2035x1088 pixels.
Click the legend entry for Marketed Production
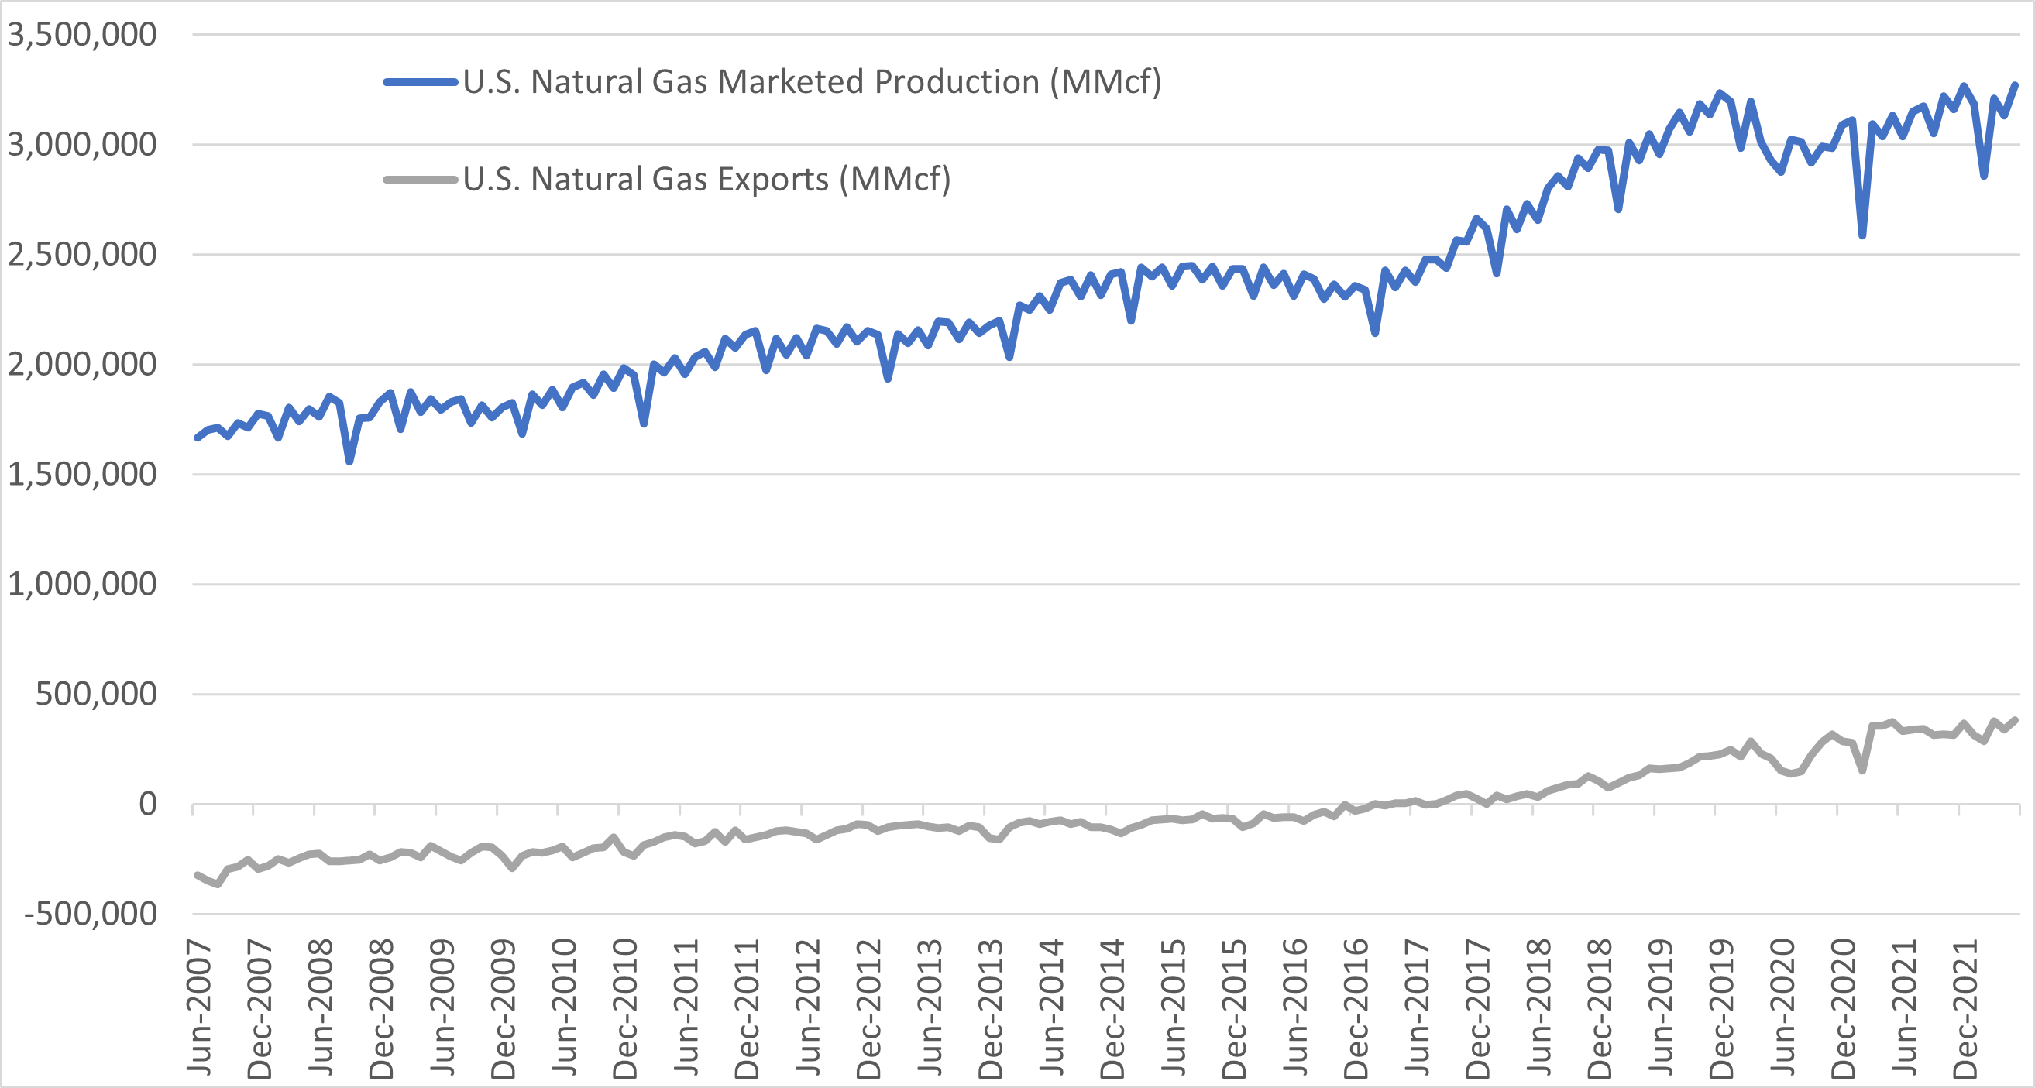pyautogui.click(x=811, y=82)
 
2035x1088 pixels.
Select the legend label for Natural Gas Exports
pyautogui.click(x=706, y=179)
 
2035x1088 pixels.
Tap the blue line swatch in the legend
pyautogui.click(x=421, y=82)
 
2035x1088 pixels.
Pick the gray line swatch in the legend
pyautogui.click(x=421, y=179)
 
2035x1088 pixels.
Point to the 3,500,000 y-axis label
pyautogui.click(x=82, y=35)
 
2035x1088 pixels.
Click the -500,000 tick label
pyautogui.click(x=90, y=915)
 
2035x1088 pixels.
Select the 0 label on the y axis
pyautogui.click(x=148, y=805)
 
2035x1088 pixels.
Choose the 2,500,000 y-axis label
pyautogui.click(x=82, y=255)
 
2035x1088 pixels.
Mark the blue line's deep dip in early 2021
pyautogui.click(x=1862, y=235)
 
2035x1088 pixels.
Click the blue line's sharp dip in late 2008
pyautogui.click(x=349, y=460)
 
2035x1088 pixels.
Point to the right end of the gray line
pyautogui.click(x=2016, y=720)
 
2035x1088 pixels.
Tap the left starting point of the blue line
pyautogui.click(x=198, y=438)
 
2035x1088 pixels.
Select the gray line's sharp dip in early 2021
pyautogui.click(x=1862, y=771)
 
